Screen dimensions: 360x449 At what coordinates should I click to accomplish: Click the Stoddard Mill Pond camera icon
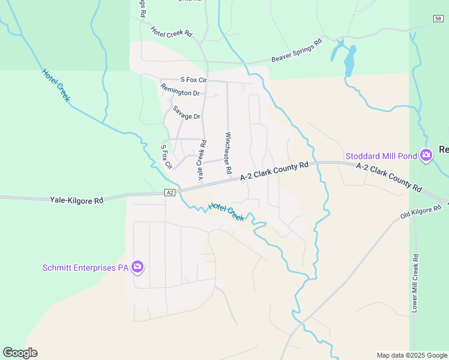click(426, 156)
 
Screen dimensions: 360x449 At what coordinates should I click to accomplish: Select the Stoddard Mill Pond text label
click(381, 157)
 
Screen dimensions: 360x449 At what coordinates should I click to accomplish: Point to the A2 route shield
click(170, 193)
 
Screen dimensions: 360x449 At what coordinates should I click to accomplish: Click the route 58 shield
click(438, 19)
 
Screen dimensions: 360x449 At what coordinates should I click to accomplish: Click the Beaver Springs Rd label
click(297, 50)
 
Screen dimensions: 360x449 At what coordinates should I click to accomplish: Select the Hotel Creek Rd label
click(171, 32)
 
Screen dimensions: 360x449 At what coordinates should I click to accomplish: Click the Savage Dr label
click(186, 113)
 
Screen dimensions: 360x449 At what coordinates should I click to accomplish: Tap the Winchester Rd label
click(228, 153)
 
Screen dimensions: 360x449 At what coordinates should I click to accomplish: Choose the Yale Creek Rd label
click(202, 160)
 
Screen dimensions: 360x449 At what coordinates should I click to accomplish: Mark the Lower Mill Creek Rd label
click(414, 282)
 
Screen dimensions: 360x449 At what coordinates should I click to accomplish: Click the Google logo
click(20, 353)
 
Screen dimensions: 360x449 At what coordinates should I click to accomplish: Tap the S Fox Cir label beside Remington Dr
click(193, 79)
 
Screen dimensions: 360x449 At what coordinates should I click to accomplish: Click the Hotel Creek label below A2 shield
click(226, 212)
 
